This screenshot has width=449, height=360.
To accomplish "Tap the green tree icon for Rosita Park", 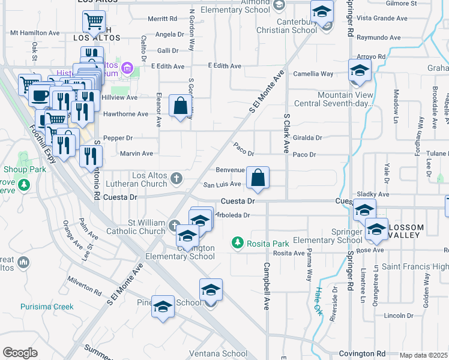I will (238, 243).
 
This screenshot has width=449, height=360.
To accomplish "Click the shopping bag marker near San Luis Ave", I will (258, 178).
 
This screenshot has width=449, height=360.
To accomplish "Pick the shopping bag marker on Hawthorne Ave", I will (180, 106).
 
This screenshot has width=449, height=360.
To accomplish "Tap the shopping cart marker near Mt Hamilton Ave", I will (94, 23).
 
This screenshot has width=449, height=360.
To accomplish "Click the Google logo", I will (20, 353).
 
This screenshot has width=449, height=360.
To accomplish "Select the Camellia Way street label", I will (313, 74).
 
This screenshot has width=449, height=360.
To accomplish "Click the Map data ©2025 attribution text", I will (424, 355).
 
